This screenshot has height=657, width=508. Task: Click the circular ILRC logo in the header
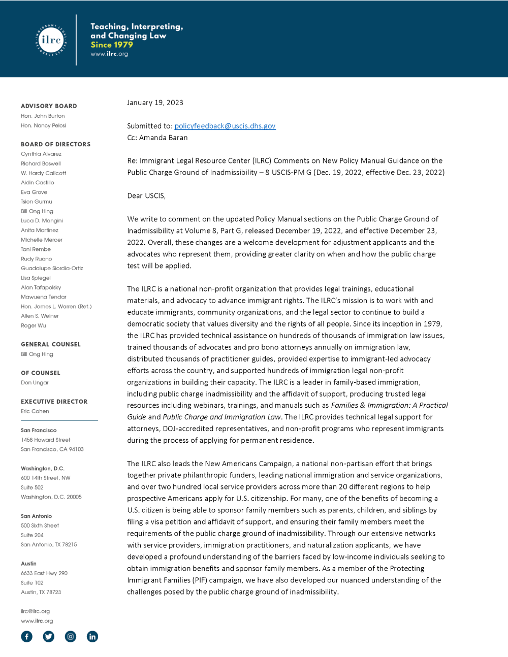click(51, 40)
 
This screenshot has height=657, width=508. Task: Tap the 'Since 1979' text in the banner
click(112, 45)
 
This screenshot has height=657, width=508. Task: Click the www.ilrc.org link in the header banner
click(109, 54)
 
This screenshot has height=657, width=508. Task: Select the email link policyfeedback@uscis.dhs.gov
click(225, 126)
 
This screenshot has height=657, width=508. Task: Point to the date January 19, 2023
click(155, 103)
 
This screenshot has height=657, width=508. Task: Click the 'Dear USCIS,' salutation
click(146, 196)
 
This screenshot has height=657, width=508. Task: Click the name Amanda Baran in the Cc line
click(163, 138)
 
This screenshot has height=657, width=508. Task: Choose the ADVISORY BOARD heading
click(49, 106)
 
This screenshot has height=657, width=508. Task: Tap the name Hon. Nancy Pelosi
click(43, 125)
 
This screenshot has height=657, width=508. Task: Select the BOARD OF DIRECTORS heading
click(55, 144)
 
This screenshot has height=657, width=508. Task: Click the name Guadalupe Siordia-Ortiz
click(52, 268)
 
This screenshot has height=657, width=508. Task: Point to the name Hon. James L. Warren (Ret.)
click(56, 306)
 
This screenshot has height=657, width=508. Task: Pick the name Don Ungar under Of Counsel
click(35, 383)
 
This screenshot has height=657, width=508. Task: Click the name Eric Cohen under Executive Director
click(35, 411)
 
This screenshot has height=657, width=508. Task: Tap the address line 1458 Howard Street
click(45, 440)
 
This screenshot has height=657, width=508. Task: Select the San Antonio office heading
click(36, 516)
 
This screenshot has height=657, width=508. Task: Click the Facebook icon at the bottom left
click(26, 637)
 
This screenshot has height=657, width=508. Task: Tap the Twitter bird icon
click(49, 637)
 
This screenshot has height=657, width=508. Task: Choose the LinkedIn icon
click(92, 637)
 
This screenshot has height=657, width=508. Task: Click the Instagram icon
click(71, 637)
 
